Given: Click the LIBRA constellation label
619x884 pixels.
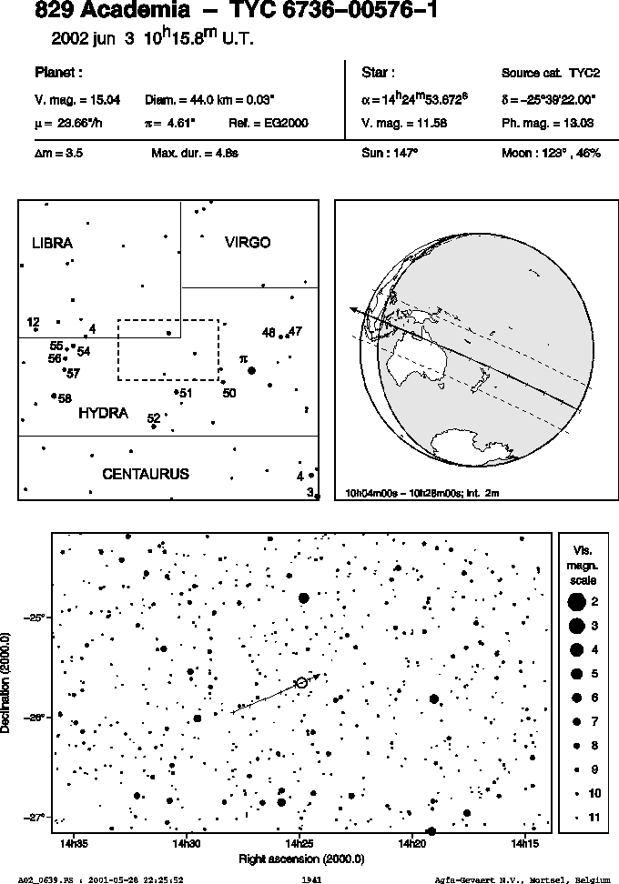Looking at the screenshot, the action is [x=53, y=243].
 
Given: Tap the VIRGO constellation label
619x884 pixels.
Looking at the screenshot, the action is [x=248, y=243].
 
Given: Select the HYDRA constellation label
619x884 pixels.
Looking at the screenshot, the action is [x=103, y=413].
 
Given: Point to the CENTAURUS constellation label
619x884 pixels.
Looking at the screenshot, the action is [x=146, y=474].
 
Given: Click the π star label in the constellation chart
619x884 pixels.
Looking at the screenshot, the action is [x=243, y=358].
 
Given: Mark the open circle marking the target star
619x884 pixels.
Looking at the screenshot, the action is [x=301, y=683].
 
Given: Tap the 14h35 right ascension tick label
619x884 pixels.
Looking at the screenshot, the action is [x=74, y=844].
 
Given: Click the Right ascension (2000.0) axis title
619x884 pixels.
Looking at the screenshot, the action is [x=301, y=859].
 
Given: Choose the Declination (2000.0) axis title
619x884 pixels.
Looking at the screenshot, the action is [x=5, y=683].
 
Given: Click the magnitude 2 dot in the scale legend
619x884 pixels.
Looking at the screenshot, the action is [x=576, y=602].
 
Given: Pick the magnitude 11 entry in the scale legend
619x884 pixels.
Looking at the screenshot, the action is [x=584, y=818].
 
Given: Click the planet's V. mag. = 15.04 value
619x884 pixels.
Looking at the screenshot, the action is [x=77, y=100].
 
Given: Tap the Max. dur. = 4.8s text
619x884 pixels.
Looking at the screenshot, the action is [x=195, y=154].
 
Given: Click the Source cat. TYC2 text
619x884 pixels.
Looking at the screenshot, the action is [x=551, y=74].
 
